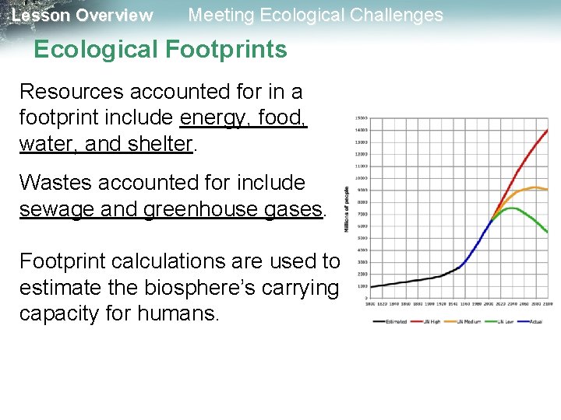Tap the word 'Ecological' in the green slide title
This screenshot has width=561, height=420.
(97, 50)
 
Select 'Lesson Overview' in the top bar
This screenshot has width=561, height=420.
(83, 15)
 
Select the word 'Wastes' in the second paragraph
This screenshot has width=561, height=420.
(51, 183)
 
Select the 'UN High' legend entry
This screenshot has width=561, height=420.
(431, 321)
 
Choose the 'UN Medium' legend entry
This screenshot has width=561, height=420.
(471, 321)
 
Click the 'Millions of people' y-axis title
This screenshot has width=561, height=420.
(346, 208)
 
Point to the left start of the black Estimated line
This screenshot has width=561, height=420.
(370, 287)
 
